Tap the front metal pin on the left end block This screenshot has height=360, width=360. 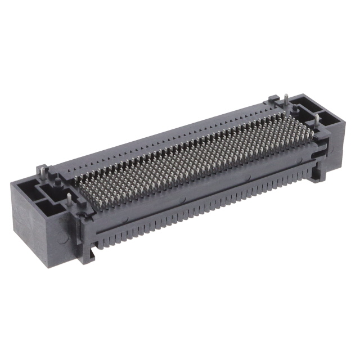(69, 198)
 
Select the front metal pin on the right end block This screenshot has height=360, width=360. (318, 120)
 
